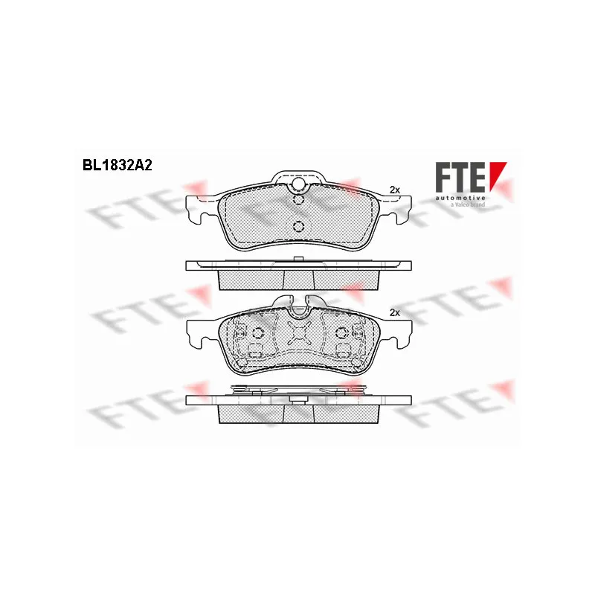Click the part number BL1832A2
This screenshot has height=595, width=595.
click(118, 165)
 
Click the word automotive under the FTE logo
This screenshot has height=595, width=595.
click(460, 198)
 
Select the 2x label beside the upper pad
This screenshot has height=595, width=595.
click(395, 190)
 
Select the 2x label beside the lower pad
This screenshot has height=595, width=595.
click(395, 312)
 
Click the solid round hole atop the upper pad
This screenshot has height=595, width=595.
click(299, 184)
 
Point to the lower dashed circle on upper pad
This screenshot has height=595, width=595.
click(299, 227)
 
